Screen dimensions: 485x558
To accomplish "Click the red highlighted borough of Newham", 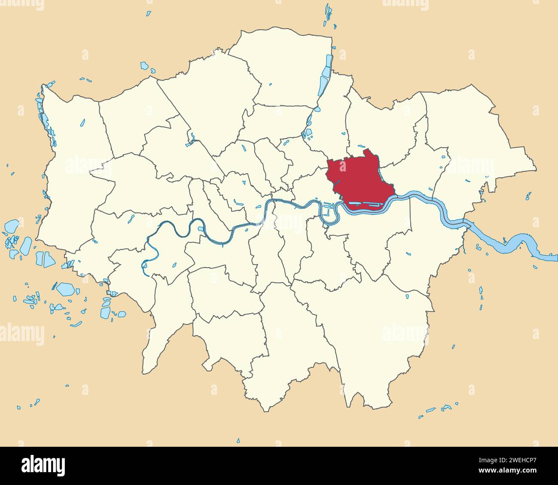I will pyautogui.click(x=361, y=180).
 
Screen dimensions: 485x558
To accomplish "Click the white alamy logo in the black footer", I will pyautogui.click(x=43, y=466).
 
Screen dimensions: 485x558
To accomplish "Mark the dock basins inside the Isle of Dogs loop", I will pyautogui.click(x=328, y=210).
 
